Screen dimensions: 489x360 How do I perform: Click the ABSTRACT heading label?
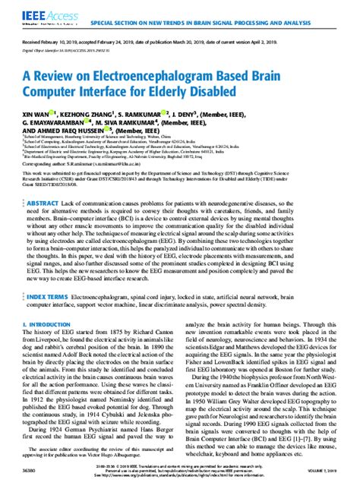tap(43, 185)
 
